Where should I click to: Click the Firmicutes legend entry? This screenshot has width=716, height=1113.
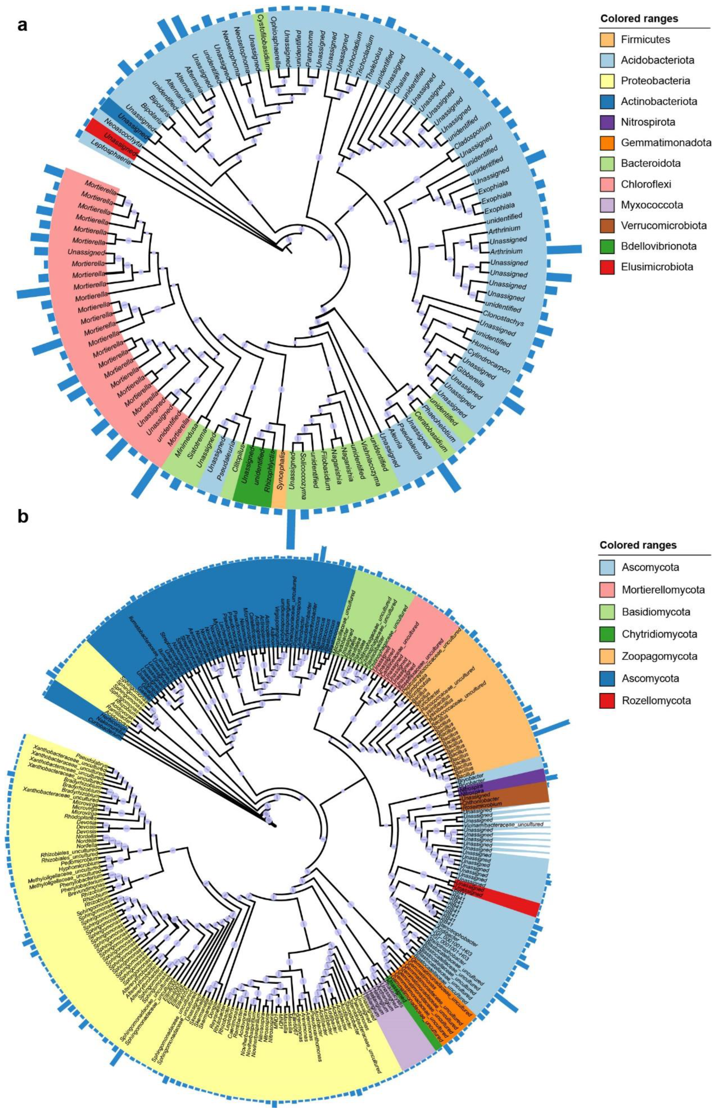coord(645,40)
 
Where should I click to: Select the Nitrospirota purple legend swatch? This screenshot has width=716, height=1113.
coord(607,122)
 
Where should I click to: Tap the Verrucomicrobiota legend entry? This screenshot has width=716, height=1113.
coord(664,226)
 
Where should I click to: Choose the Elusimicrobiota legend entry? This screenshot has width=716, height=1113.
coord(657,266)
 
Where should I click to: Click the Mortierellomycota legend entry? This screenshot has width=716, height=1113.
coord(663,590)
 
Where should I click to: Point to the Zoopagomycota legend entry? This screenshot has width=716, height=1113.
coord(659,656)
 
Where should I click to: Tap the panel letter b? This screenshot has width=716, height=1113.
coord(22,516)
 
